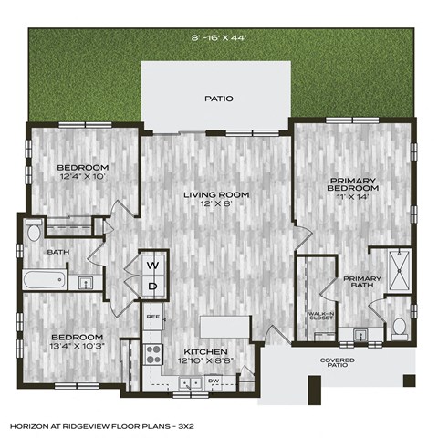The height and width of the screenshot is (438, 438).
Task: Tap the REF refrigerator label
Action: tap(154, 317)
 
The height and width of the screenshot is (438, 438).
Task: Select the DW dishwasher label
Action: tap(213, 379)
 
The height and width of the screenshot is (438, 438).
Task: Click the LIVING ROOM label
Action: tap(215, 194)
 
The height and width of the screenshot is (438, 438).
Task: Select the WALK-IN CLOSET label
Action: tap(320, 317)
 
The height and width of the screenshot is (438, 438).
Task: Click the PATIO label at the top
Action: tap(218, 99)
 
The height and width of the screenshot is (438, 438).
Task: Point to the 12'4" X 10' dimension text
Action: tap(82, 177)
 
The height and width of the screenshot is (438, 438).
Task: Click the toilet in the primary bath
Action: tap(399, 326)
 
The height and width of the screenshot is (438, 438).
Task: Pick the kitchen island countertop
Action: tap(224, 327)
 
